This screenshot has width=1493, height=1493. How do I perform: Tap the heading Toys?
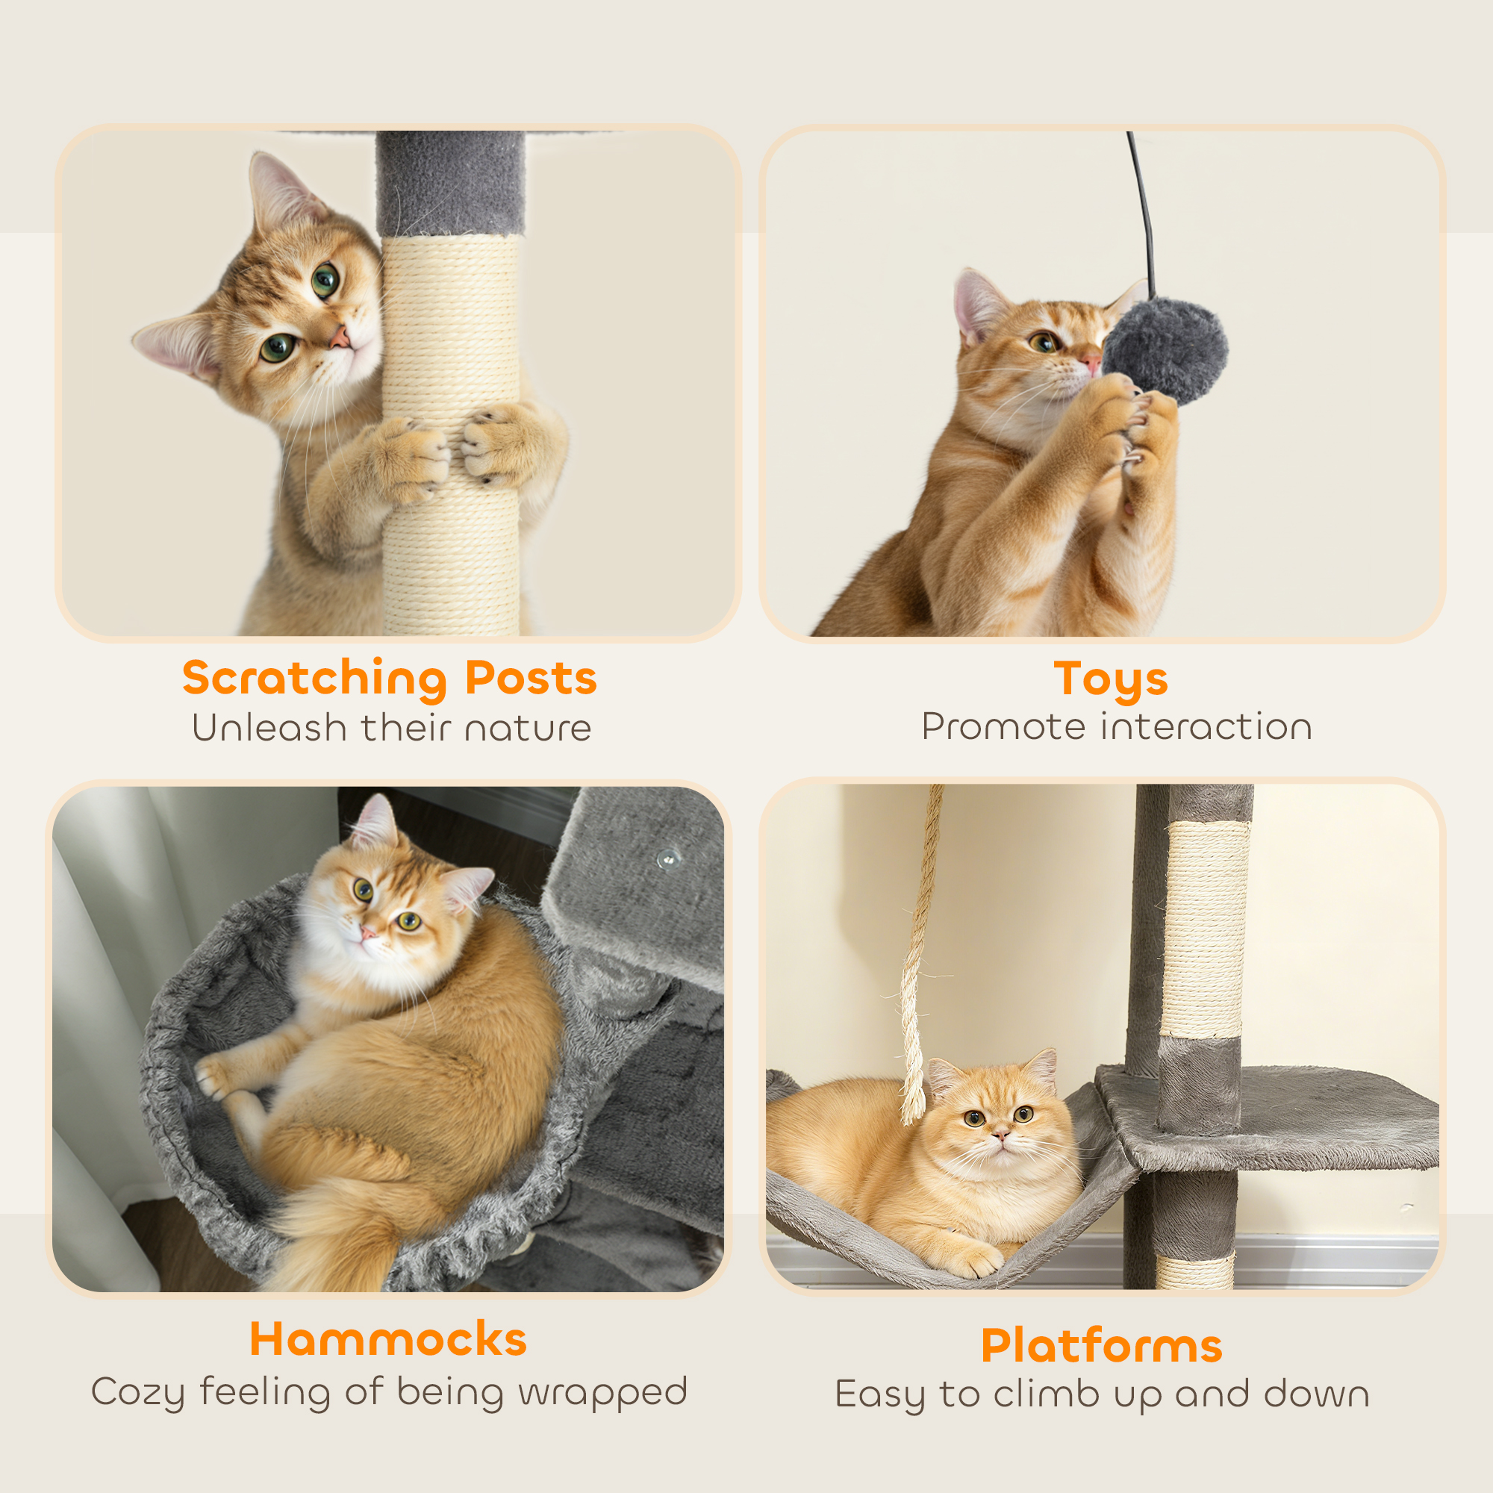tap(1111, 679)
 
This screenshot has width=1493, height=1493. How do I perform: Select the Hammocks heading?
tap(388, 1339)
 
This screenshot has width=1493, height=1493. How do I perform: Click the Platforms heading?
tap(1101, 1345)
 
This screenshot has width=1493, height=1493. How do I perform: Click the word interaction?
tap(1206, 727)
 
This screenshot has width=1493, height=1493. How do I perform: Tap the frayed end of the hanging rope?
tap(914, 1097)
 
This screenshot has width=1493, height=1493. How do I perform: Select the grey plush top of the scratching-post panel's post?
tap(451, 183)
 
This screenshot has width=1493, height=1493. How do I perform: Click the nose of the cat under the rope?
tap(1001, 1135)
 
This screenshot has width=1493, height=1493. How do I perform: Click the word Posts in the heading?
tap(531, 679)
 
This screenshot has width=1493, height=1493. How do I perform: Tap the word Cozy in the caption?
tap(138, 1391)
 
